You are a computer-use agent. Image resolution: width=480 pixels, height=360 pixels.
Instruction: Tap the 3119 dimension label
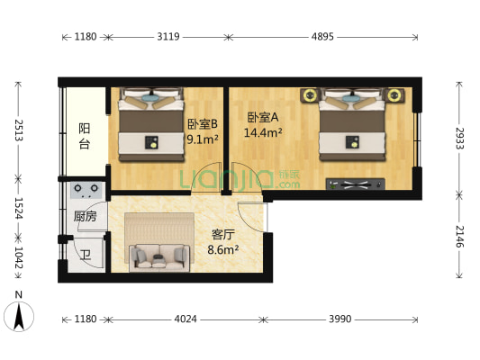click(x=168, y=37)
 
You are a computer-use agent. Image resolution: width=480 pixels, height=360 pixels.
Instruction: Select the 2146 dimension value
click(x=459, y=237)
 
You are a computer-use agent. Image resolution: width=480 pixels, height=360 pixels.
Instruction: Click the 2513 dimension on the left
click(x=17, y=133)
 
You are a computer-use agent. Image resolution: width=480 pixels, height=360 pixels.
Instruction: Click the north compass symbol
click(x=20, y=314)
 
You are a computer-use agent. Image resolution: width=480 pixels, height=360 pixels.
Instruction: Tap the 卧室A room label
click(x=262, y=116)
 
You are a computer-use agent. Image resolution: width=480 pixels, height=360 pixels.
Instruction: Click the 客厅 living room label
click(x=223, y=234)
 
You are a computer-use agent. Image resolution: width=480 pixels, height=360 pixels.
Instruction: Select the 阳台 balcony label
click(x=84, y=135)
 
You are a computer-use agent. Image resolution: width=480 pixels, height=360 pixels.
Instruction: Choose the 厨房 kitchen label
click(x=85, y=216)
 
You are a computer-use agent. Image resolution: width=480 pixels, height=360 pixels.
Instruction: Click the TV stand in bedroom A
click(x=358, y=184)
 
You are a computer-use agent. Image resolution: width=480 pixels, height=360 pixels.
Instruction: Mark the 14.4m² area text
click(x=264, y=133)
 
